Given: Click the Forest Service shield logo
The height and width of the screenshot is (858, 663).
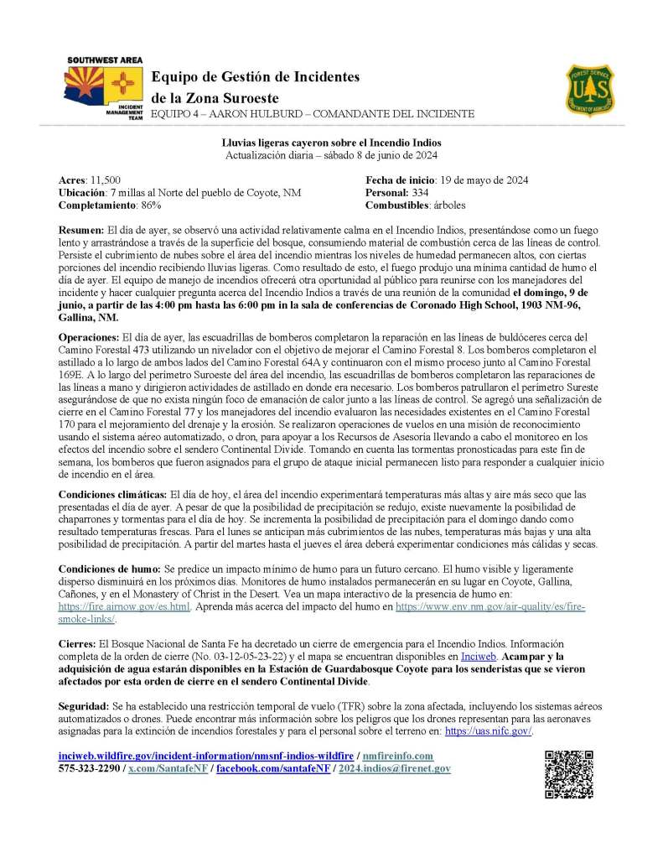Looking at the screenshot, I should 593,90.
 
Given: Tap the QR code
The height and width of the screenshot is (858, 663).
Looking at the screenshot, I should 569,774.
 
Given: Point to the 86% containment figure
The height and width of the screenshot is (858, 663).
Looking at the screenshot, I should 149,205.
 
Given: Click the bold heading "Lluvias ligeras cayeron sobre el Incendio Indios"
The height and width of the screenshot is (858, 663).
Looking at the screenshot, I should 331,143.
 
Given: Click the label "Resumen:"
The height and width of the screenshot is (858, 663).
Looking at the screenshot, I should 80,230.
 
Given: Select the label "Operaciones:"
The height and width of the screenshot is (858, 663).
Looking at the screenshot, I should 89,336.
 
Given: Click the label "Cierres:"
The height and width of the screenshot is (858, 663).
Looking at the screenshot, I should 76,642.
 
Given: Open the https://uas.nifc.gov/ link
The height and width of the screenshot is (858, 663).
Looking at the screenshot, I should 487,731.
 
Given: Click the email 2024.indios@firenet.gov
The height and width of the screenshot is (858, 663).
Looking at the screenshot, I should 394,768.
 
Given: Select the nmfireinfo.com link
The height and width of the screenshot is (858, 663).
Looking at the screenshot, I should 398,757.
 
